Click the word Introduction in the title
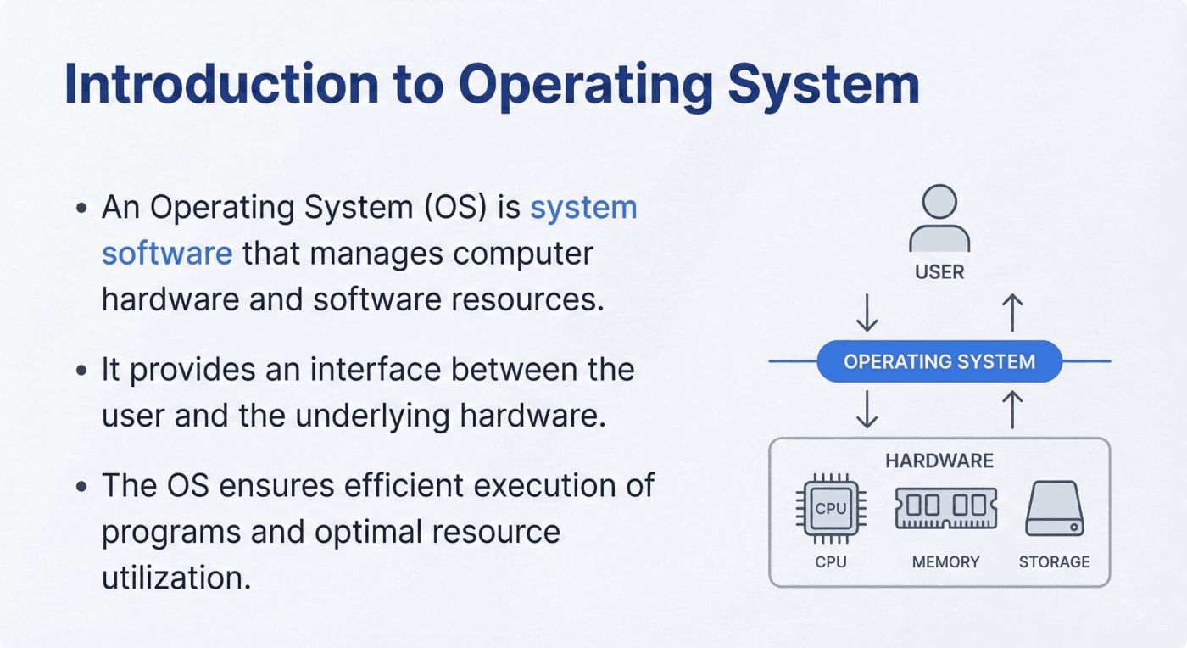(220, 85)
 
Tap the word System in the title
(818, 85)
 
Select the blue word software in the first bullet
(166, 253)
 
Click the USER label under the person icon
(939, 272)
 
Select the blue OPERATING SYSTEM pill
(939, 362)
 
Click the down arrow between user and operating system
(867, 313)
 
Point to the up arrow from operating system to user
(1011, 313)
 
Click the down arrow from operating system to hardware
(867, 410)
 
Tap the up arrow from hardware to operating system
(1011, 410)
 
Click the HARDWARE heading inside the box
(939, 461)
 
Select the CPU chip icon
(830, 509)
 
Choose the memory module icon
(945, 507)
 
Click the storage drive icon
(1054, 509)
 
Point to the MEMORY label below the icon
(945, 561)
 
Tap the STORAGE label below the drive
(1054, 561)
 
